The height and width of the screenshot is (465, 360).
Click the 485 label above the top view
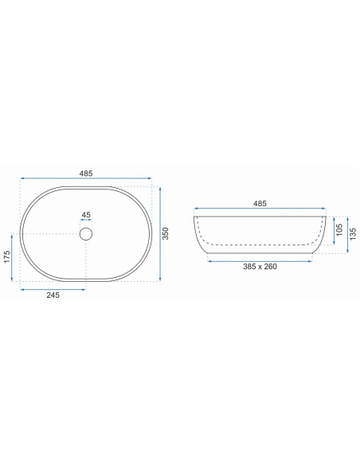(x=86, y=174)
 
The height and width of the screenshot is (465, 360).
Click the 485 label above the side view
(x=260, y=204)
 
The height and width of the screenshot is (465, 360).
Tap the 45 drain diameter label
(x=86, y=215)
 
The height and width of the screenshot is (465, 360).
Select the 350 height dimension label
(x=166, y=233)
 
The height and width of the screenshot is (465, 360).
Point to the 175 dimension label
(x=7, y=257)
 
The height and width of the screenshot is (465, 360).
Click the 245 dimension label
(x=53, y=295)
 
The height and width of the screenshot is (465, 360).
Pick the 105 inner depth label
(x=340, y=230)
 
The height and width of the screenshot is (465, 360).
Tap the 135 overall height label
(x=353, y=234)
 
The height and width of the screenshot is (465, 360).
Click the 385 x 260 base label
(x=260, y=267)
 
